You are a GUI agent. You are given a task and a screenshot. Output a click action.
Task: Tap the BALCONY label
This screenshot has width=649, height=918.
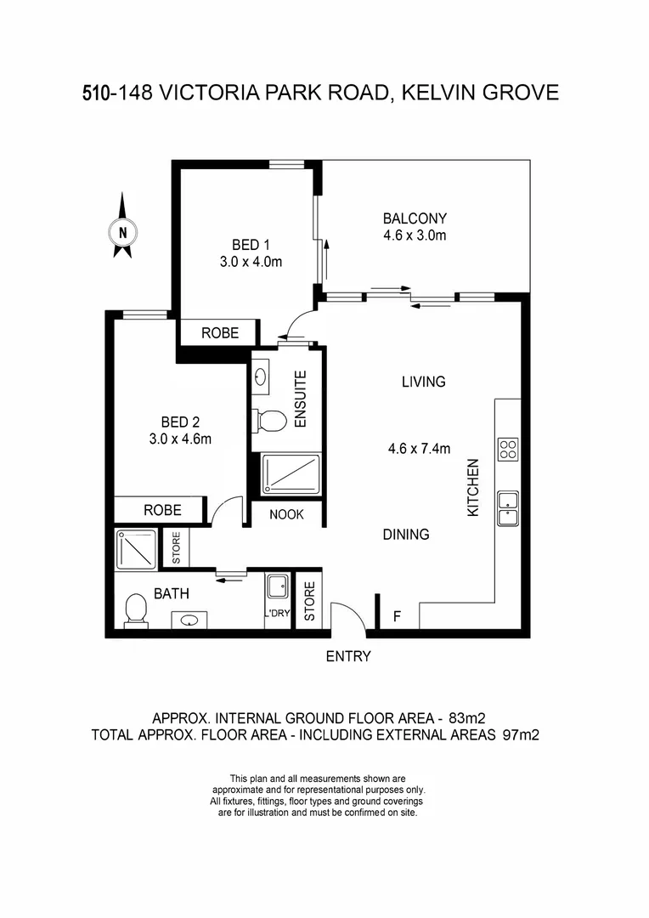pos(415,218)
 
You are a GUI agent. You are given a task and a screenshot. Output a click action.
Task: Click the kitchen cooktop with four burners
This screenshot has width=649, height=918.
pos(508,448)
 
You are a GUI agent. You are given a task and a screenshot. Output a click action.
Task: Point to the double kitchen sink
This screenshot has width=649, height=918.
pos(508,507)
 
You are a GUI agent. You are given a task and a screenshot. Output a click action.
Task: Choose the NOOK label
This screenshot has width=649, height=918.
pos(287,514)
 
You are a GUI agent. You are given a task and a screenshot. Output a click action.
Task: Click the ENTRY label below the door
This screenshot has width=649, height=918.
pos(349,656)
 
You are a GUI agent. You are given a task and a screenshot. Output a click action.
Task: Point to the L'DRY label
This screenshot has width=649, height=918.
pos(277,614)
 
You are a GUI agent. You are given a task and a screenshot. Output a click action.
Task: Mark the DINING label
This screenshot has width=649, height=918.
pos(405,535)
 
